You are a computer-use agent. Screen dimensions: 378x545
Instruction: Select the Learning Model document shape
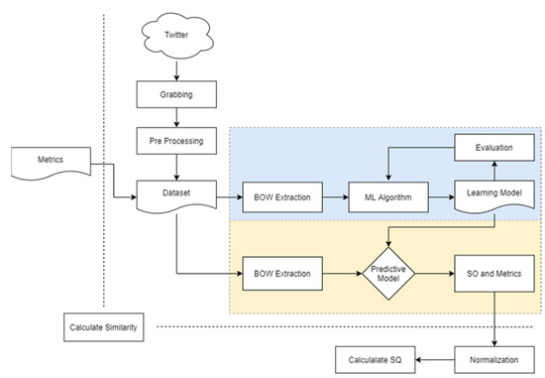pos(494,197)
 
